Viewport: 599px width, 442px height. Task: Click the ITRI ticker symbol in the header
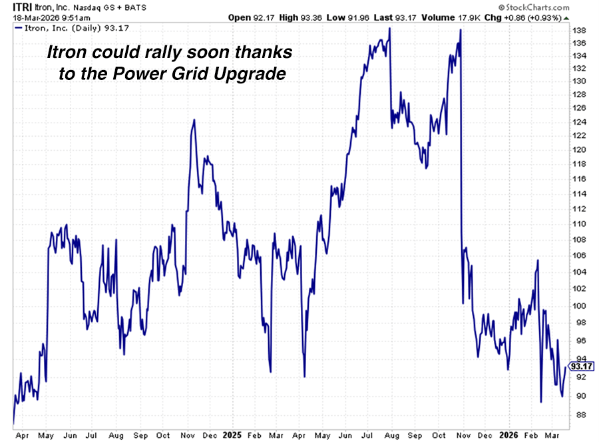(x=13, y=7)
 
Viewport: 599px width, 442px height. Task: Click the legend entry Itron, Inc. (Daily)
(x=56, y=28)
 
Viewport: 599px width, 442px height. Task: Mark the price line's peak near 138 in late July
(x=389, y=29)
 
